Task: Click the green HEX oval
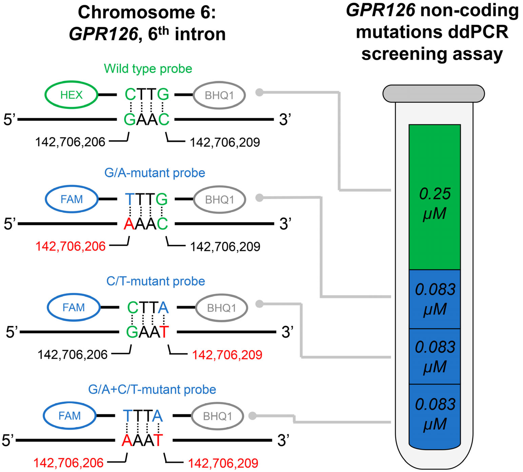71,95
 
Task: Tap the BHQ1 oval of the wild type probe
219,95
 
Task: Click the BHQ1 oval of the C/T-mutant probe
221,308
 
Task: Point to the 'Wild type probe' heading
148,69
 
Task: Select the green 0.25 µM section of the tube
434,197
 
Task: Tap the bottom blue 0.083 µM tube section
434,415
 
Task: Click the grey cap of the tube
433,94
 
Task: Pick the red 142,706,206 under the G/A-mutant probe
71,246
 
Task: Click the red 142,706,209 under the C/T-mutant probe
227,355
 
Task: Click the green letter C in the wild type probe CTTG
130,94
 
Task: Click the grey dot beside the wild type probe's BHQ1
259,92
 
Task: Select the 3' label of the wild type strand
285,120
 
